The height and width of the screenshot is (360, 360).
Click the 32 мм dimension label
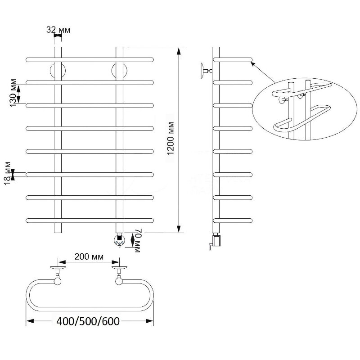click(x=58, y=30)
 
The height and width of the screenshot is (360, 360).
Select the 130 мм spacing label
click(x=13, y=93)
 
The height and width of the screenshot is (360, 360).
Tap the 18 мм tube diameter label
click(x=7, y=173)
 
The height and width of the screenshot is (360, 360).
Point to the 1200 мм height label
click(x=171, y=139)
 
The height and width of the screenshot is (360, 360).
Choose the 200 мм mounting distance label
click(x=89, y=256)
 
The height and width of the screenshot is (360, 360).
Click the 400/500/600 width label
click(x=88, y=321)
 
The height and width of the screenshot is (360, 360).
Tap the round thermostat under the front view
click(x=119, y=240)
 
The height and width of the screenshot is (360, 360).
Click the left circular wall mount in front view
click(x=58, y=71)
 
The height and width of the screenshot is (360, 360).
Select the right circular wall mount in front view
click(x=119, y=71)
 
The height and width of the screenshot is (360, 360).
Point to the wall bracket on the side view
click(x=206, y=71)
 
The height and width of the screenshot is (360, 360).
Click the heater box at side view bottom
click(x=217, y=240)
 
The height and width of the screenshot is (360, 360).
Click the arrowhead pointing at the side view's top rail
click(x=252, y=63)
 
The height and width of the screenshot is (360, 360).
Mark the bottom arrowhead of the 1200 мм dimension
click(x=178, y=229)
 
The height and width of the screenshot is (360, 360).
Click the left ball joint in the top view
click(x=58, y=281)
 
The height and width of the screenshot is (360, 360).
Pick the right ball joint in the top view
click(x=119, y=281)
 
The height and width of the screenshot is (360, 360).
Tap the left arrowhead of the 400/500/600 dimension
click(x=30, y=321)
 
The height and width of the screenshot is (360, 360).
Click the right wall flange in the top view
click(x=119, y=267)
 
